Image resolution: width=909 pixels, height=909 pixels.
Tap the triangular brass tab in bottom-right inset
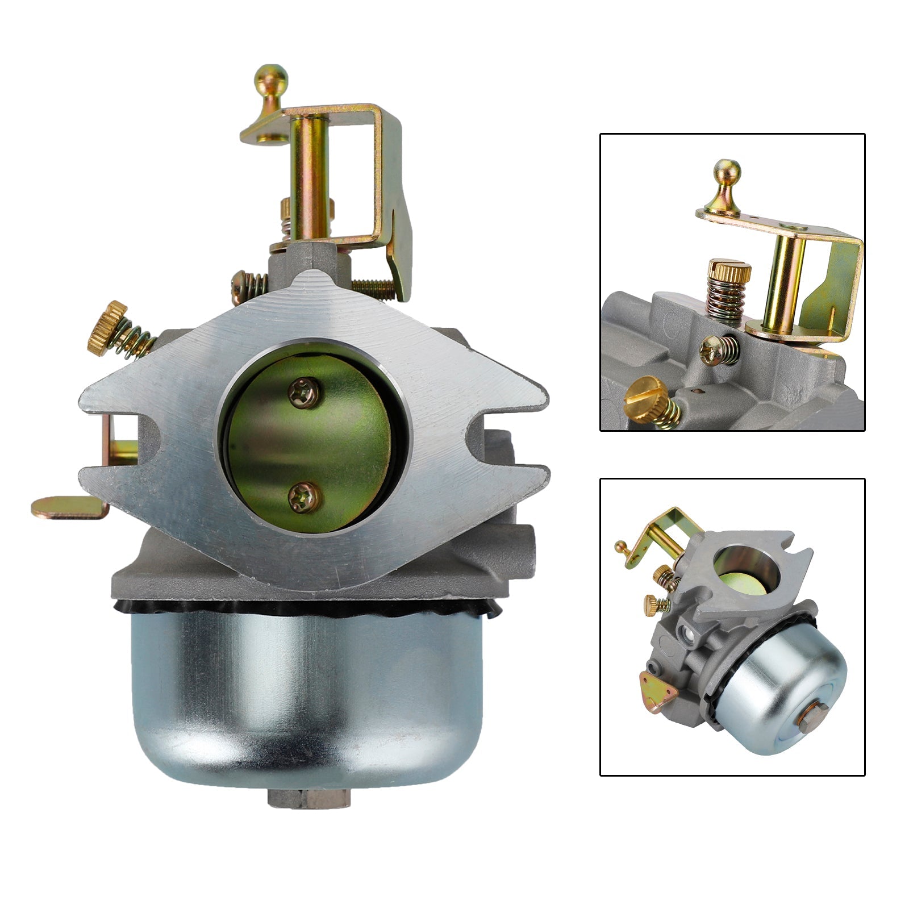[x=652, y=685]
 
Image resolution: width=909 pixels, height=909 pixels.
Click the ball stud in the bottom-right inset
[x=621, y=547]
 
